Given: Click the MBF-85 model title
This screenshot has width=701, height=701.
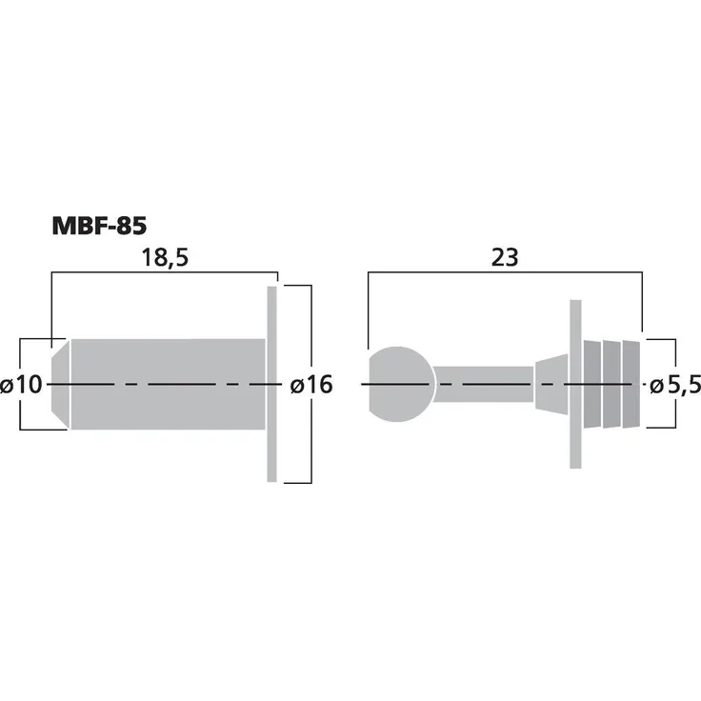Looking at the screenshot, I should (98, 227).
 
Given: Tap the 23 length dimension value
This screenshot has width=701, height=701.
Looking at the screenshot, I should (506, 258).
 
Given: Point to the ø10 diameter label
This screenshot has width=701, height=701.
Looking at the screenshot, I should (22, 385).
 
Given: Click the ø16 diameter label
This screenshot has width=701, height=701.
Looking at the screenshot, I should (310, 385).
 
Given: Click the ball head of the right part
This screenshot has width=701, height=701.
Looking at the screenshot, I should (400, 385).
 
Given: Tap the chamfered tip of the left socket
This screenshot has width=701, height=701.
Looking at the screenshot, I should (58, 385).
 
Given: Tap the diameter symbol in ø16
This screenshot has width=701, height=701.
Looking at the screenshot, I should (295, 386).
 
